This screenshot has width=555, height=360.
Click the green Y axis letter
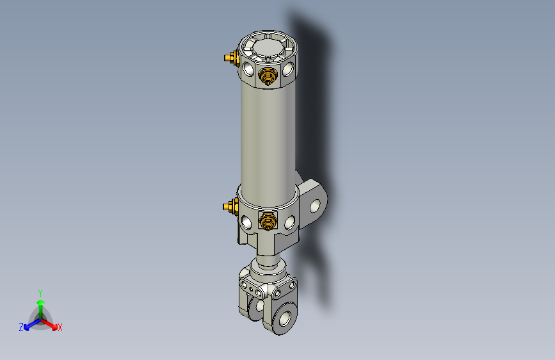pyautogui.click(x=40, y=292)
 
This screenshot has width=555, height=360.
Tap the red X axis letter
pyautogui.click(x=60, y=328)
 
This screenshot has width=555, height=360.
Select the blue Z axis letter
pyautogui.click(x=21, y=327)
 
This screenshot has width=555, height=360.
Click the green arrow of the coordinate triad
pyautogui.click(x=40, y=305)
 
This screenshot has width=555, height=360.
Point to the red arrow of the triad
pyautogui.click(x=51, y=323)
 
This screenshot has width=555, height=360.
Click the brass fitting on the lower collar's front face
pyautogui.click(x=266, y=222)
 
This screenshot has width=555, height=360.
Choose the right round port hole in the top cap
pyautogui.click(x=290, y=67)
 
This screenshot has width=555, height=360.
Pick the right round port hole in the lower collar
pyautogui.click(x=290, y=222)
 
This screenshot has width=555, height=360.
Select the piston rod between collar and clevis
pyautogui.click(x=268, y=262)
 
